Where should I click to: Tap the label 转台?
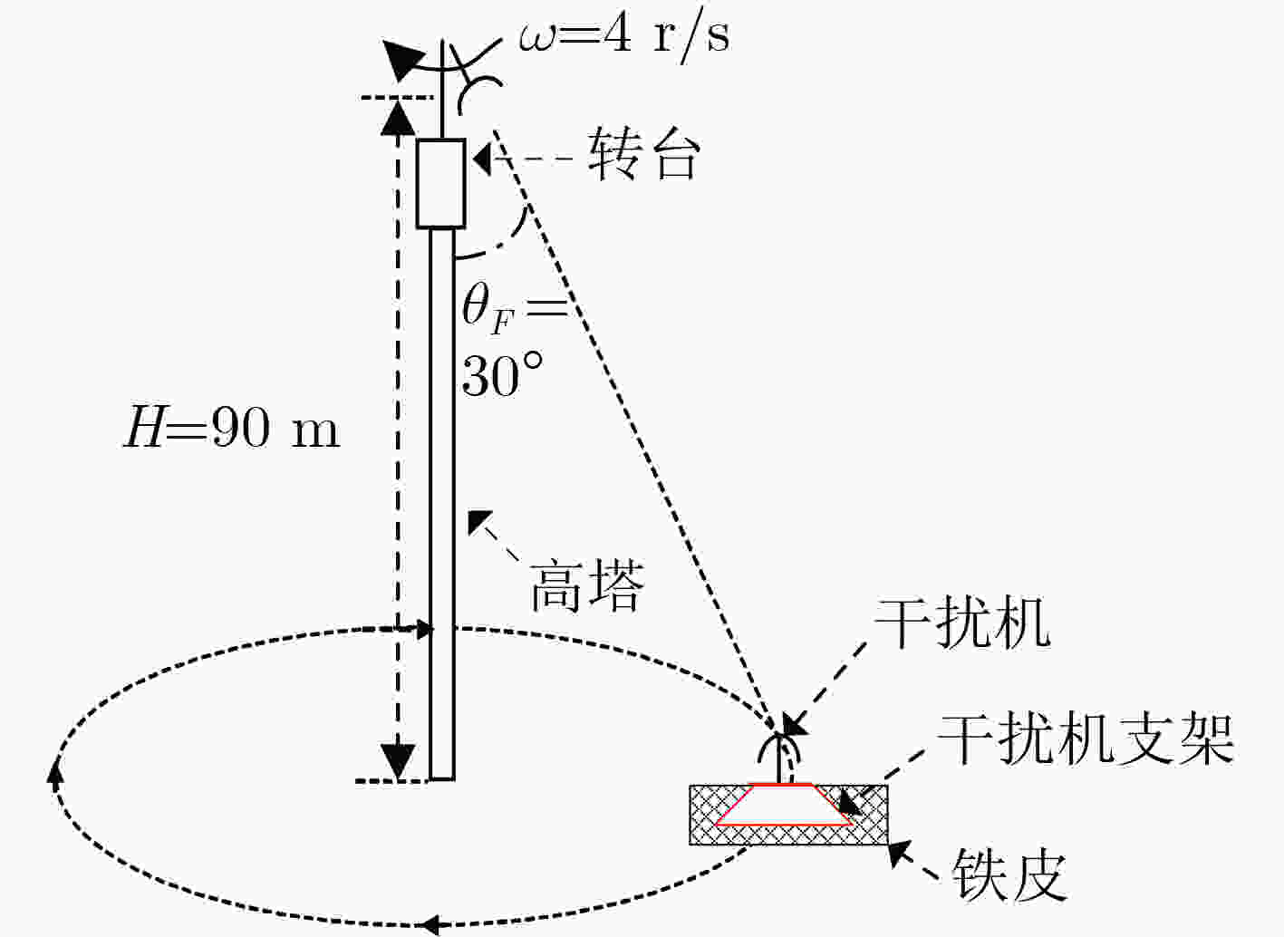pos(643,153)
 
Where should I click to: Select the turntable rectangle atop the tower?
pos(440,183)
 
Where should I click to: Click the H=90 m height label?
pos(232,427)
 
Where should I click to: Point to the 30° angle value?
pos(502,374)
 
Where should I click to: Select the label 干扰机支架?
pos(1085,739)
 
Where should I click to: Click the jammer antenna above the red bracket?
pos(777,758)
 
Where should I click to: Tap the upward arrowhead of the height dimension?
pos(398,118)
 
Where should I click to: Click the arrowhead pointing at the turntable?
pos(483,159)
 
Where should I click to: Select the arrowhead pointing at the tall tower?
pos(480,521)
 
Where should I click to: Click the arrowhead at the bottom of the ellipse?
pos(430,923)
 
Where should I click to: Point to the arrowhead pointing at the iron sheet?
pos(901,855)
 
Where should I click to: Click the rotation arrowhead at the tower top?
pos(403,60)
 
